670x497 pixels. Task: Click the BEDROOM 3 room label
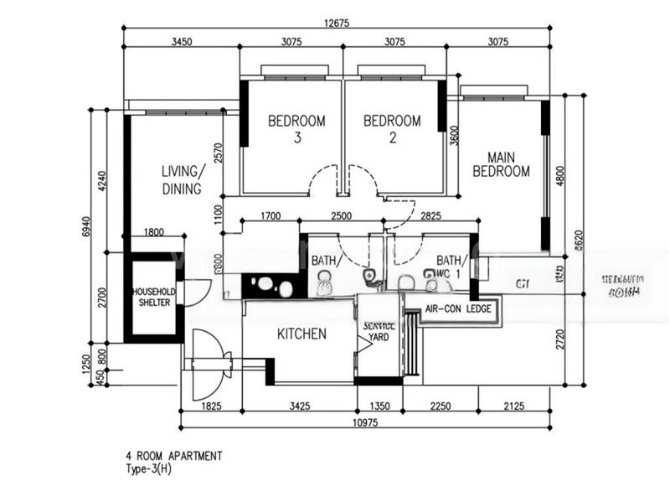point(296,129)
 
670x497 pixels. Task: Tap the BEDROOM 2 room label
point(392,129)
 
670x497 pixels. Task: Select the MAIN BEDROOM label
point(501,164)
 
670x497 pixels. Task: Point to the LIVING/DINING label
point(182,180)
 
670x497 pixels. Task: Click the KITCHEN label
point(301,334)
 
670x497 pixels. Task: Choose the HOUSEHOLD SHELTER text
point(153,297)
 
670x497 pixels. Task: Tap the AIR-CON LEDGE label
point(457,310)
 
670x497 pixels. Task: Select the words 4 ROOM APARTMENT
point(174,456)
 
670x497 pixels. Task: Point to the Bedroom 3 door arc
point(323,179)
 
